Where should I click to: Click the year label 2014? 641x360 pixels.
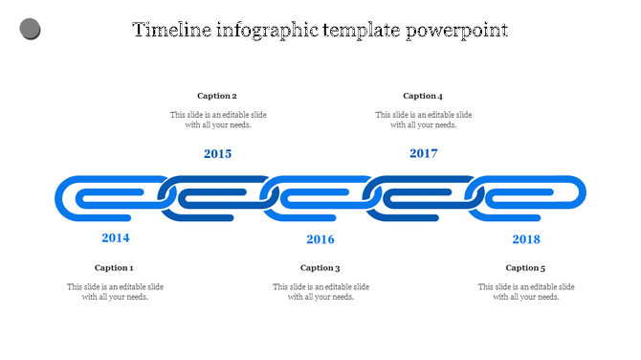[x=116, y=237]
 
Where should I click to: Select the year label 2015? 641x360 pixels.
[x=218, y=153]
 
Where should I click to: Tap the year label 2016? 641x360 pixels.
[x=320, y=239]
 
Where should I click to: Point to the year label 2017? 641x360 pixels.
[x=424, y=153]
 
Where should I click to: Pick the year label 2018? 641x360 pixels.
[x=526, y=239]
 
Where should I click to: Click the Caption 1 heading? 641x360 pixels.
[x=115, y=268]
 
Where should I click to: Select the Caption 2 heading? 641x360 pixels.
[x=217, y=96]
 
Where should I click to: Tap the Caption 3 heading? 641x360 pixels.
[x=320, y=268]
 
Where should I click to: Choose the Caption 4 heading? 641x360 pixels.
[x=423, y=96]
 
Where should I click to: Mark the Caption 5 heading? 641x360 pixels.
[x=526, y=268]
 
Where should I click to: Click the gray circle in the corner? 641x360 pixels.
[x=30, y=30]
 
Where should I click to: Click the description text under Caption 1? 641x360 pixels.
[x=115, y=292]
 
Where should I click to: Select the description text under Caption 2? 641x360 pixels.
[x=218, y=120]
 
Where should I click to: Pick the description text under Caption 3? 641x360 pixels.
[x=320, y=292]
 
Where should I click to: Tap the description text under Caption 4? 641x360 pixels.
[x=424, y=120]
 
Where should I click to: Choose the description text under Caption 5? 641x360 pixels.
[x=526, y=292]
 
